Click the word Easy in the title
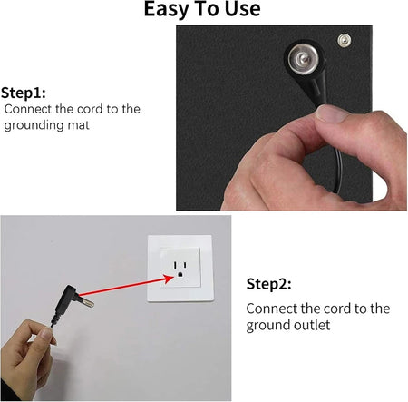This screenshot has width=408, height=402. [x=169, y=10]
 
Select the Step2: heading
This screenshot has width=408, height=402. [x=269, y=284]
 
